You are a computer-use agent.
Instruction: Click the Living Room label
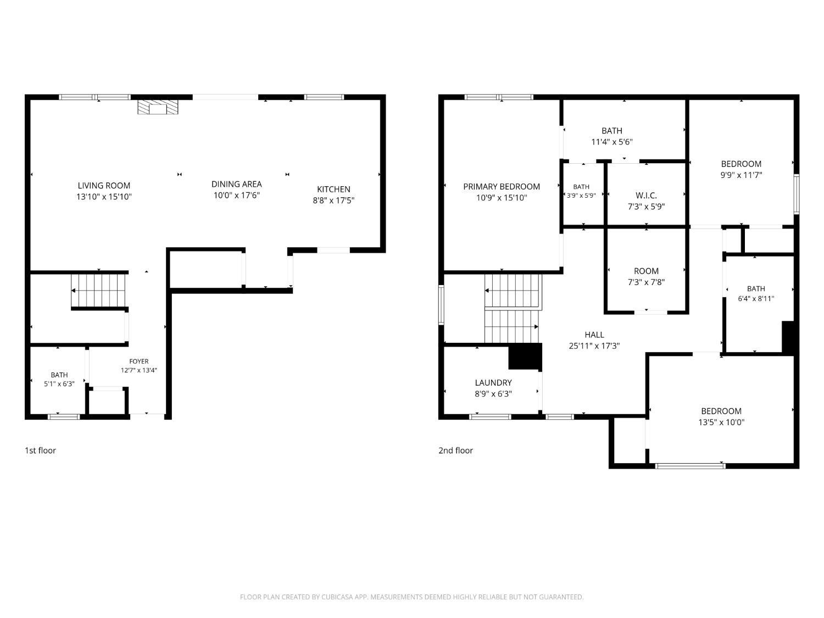click(x=104, y=185)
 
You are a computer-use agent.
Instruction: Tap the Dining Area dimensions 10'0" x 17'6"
click(x=237, y=195)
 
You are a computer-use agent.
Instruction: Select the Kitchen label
click(x=333, y=189)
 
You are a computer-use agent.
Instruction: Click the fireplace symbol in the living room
click(x=158, y=107)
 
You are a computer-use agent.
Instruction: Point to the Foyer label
click(x=139, y=361)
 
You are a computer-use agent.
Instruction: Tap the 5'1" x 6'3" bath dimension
click(x=59, y=384)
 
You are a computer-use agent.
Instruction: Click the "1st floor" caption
click(x=40, y=450)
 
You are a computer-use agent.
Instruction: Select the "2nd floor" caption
click(x=455, y=450)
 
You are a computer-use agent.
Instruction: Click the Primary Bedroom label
click(x=502, y=186)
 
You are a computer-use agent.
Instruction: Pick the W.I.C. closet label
click(x=646, y=195)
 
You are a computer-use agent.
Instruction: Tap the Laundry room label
click(x=493, y=382)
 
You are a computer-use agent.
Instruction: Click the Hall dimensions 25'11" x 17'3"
click(x=594, y=346)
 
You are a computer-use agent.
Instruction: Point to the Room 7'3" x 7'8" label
click(x=646, y=276)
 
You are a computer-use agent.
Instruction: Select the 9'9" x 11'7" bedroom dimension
click(x=741, y=175)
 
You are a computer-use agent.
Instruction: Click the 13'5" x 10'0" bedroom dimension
click(x=721, y=422)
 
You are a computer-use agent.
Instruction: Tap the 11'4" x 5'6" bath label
click(x=612, y=136)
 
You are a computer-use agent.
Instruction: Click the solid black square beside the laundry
click(x=525, y=356)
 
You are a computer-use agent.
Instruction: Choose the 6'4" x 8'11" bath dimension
click(x=756, y=299)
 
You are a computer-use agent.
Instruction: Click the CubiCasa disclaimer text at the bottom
click(x=412, y=597)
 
